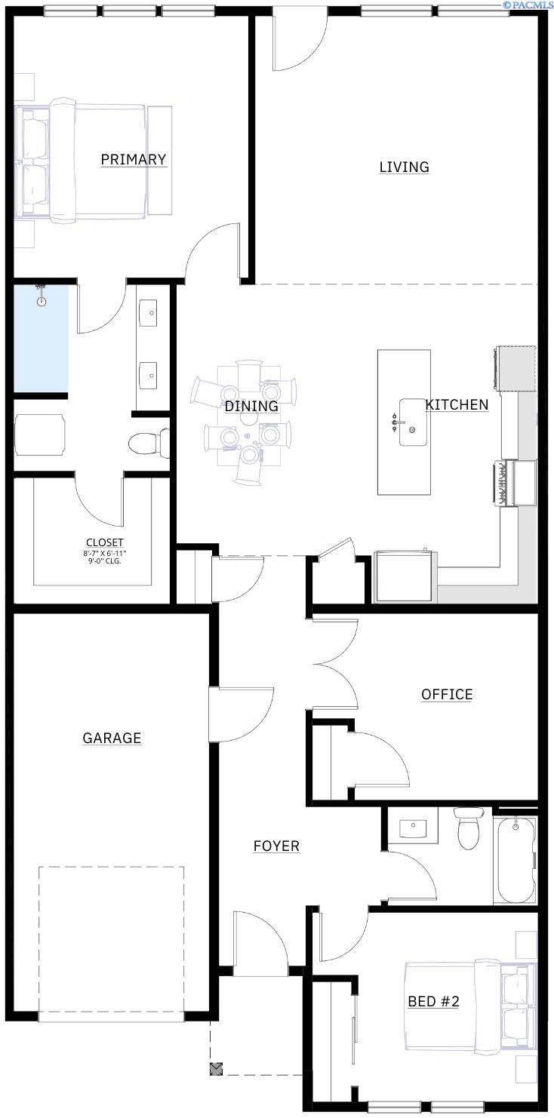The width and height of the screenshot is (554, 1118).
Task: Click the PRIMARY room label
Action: pos(134,159)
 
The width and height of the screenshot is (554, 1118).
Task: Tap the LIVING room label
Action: pos(404,167)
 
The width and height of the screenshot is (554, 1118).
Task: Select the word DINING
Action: pos(251,407)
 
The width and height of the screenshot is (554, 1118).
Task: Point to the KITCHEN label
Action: pos(457,404)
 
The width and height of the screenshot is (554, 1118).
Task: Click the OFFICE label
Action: pos(447,694)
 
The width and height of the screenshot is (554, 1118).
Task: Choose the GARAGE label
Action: pos(112,738)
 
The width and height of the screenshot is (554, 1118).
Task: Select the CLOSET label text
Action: pos(104,542)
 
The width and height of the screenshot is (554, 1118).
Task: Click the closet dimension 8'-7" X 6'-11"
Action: pos(105,554)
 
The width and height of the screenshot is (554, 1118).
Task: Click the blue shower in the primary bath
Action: pos(41,338)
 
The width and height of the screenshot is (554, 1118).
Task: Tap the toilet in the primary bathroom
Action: pos(149,443)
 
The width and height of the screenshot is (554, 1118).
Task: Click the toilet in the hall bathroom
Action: pos(469,828)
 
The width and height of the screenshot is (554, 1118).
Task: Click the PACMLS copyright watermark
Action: pos(528,4)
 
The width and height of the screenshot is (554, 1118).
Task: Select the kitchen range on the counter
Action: pos(516,483)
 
